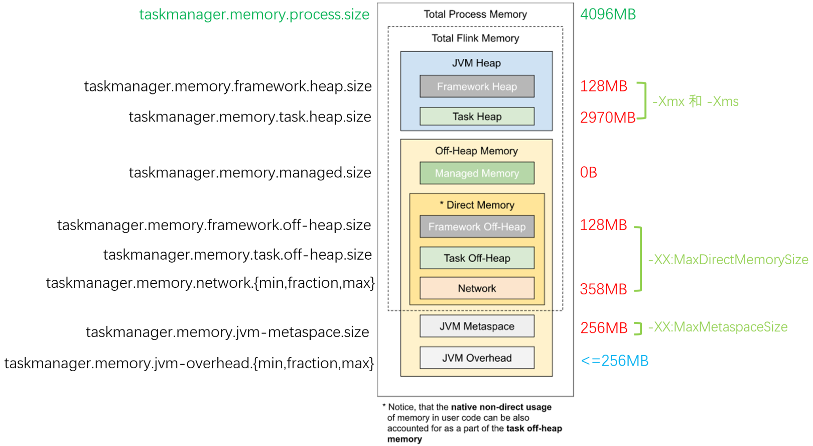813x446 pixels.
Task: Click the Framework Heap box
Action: point(477,86)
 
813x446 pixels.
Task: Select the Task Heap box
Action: point(477,117)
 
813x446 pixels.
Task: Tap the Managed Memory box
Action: point(477,173)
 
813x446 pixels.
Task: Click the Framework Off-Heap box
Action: point(477,227)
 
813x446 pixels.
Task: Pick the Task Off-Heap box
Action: point(477,258)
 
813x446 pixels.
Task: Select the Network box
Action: point(477,288)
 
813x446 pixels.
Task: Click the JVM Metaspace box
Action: point(477,326)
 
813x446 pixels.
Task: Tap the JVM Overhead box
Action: point(477,358)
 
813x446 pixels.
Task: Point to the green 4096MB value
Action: point(608,15)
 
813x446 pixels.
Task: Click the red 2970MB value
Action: point(607,118)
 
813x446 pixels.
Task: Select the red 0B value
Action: point(588,173)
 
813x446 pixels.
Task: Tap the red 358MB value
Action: point(603,289)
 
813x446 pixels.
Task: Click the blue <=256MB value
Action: point(614,361)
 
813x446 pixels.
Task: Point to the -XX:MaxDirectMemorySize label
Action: point(728,260)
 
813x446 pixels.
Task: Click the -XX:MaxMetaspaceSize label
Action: point(718,327)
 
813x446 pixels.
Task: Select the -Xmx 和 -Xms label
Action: point(696,101)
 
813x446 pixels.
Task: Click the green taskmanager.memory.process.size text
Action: point(254,15)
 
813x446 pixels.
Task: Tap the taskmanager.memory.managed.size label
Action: point(250,173)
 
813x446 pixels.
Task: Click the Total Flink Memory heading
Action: point(475,38)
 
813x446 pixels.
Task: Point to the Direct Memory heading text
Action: point(480,205)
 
